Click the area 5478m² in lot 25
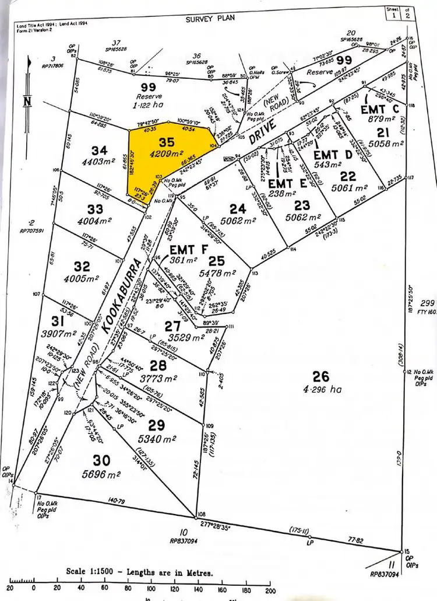[217, 272]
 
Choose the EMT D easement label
[333, 155]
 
